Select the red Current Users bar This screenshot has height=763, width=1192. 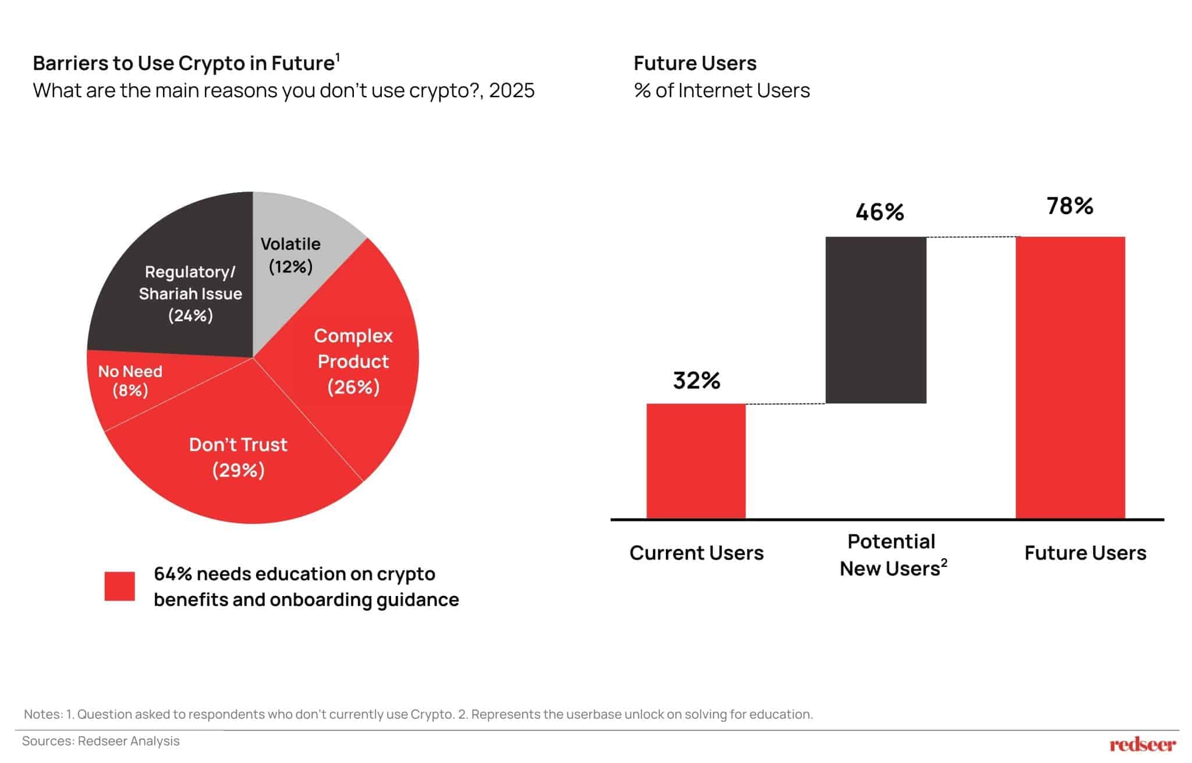tap(696, 460)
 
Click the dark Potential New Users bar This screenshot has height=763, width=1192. tap(876, 320)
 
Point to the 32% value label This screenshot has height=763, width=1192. tap(697, 381)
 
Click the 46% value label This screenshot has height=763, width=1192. tap(879, 212)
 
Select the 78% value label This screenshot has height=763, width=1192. tap(1070, 206)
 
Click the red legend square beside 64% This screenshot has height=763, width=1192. tap(120, 586)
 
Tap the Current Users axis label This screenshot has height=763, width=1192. tap(696, 553)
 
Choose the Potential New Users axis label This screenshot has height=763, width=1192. tap(892, 555)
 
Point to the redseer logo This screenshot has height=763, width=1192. tap(1143, 744)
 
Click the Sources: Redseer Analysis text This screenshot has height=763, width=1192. tap(101, 741)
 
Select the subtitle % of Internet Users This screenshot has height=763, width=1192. tap(722, 91)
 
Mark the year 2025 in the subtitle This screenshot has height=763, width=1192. tap(512, 91)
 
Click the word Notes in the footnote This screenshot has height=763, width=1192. tap(42, 714)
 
